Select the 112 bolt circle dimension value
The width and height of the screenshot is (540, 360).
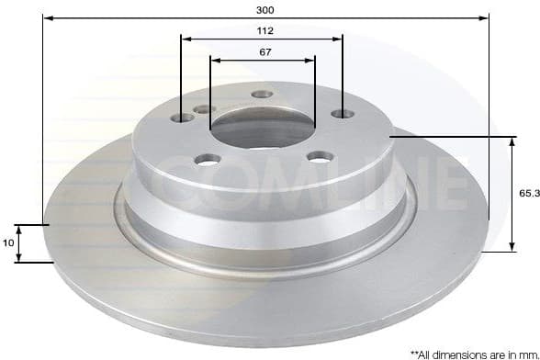tap(264, 29)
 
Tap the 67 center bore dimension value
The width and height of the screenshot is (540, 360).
tap(264, 51)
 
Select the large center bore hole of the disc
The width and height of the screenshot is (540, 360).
tap(263, 129)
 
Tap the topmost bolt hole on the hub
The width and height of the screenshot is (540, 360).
tap(263, 95)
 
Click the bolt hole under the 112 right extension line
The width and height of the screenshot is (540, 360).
tap(342, 114)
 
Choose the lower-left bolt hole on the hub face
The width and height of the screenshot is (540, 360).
tap(208, 159)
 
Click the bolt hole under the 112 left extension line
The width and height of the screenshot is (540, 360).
tap(182, 117)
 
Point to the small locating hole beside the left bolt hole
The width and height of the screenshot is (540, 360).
tap(205, 109)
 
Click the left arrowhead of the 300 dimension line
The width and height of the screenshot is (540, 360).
tap(47, 18)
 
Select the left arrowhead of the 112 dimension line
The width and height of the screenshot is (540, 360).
tap(185, 39)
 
